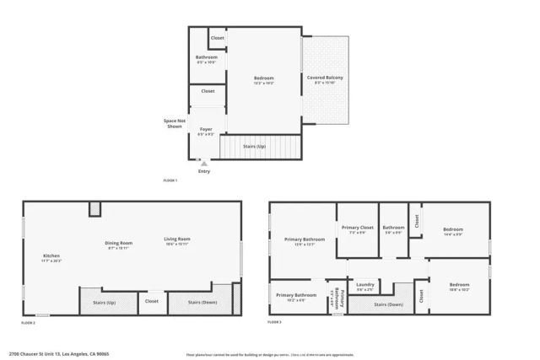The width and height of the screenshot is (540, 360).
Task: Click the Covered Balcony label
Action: tap(325, 78)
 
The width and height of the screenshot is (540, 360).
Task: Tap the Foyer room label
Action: tap(206, 129)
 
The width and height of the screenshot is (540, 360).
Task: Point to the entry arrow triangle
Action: tap(203, 163)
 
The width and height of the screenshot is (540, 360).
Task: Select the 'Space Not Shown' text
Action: tap(175, 123)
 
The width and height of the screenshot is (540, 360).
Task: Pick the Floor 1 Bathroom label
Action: tap(207, 57)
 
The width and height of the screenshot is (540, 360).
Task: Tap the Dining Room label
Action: tap(119, 243)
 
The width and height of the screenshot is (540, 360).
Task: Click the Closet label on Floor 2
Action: tap(152, 300)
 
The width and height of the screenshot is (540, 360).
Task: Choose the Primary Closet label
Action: tap(357, 228)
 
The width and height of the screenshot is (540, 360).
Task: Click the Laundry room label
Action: tap(365, 284)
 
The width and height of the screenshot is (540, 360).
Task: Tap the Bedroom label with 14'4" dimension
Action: tap(453, 228)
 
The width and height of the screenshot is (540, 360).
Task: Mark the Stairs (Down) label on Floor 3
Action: tap(387, 304)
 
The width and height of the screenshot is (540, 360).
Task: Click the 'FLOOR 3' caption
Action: tap(275, 322)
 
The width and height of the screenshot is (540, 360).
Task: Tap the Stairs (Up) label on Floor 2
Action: tap(102, 301)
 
